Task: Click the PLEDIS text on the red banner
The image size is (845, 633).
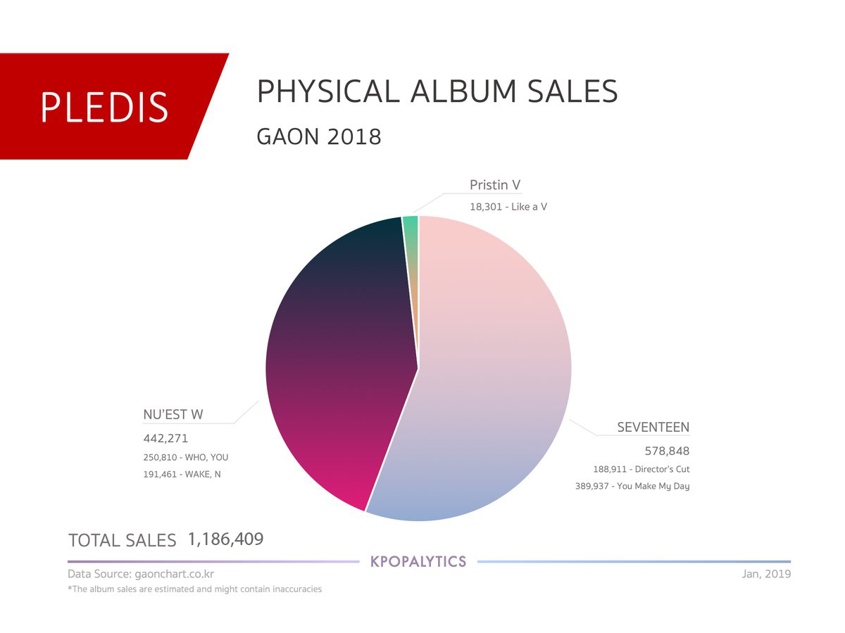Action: point(104,107)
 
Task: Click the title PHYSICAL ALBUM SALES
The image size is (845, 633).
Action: point(437,91)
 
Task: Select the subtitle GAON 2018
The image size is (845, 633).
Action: point(319,136)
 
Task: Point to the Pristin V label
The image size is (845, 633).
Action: point(495,185)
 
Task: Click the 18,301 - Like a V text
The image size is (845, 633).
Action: point(508,207)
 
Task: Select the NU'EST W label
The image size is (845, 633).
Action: point(173,414)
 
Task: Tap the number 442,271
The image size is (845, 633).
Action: point(165,438)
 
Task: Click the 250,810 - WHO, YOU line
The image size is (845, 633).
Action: point(186,457)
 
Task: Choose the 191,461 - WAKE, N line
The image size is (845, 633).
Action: point(182,474)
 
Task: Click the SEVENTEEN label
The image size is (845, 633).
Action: point(653,427)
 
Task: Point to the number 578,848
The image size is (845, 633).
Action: point(667,451)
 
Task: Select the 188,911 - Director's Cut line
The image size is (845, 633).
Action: point(641,469)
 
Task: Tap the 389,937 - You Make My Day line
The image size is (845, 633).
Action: point(632,487)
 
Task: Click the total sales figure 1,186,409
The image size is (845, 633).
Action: point(225,539)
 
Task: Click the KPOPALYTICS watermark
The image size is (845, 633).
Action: point(418,561)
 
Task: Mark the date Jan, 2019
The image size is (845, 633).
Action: point(766,574)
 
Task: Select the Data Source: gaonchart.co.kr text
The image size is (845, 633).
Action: point(141,574)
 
